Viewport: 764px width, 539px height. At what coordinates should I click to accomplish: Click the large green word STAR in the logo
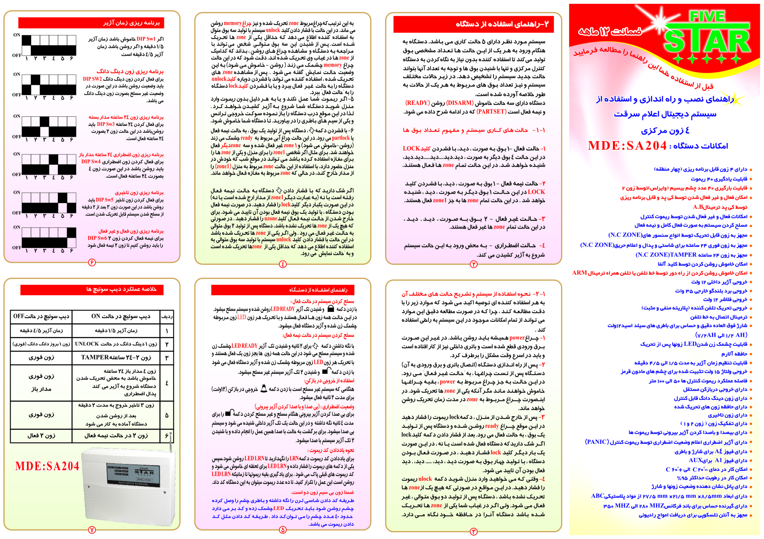click(707, 42)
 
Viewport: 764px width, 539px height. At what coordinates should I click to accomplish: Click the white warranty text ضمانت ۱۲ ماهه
click(610, 32)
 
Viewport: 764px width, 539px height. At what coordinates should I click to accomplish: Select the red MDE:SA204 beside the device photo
click(47, 466)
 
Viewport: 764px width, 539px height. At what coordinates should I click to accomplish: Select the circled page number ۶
click(92, 262)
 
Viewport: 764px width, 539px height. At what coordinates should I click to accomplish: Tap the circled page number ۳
click(473, 531)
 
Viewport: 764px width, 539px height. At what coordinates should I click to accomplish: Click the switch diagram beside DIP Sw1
click(49, 45)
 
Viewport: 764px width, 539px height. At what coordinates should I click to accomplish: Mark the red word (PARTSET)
click(491, 112)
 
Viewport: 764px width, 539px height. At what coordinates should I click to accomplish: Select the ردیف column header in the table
click(167, 316)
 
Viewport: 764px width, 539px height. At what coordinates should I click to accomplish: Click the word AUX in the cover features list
click(695, 460)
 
